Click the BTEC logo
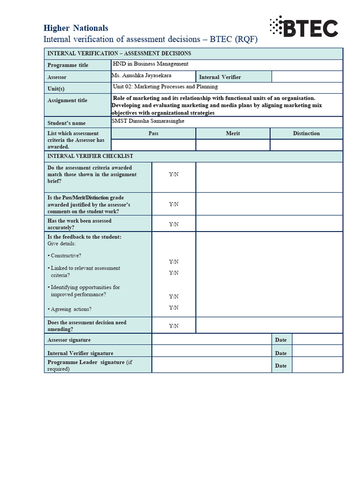[304, 28]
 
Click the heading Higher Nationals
[75, 28]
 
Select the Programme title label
[67, 65]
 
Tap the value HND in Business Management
[150, 64]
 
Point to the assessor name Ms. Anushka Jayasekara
[141, 75]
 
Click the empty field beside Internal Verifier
[307, 77]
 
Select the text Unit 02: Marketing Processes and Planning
[165, 87]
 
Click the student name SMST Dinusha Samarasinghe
[148, 121]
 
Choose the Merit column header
[232, 134]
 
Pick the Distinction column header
[306, 134]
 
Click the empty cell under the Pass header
[153, 145]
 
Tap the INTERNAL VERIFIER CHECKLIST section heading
[90, 156]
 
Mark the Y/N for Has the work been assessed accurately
[173, 224]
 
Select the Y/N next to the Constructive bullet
[173, 262]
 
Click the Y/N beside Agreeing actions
[173, 307]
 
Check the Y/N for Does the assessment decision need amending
[173, 326]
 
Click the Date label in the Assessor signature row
[281, 340]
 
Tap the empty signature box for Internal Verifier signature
[211, 352]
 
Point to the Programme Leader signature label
[86, 362]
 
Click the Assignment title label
[67, 100]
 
